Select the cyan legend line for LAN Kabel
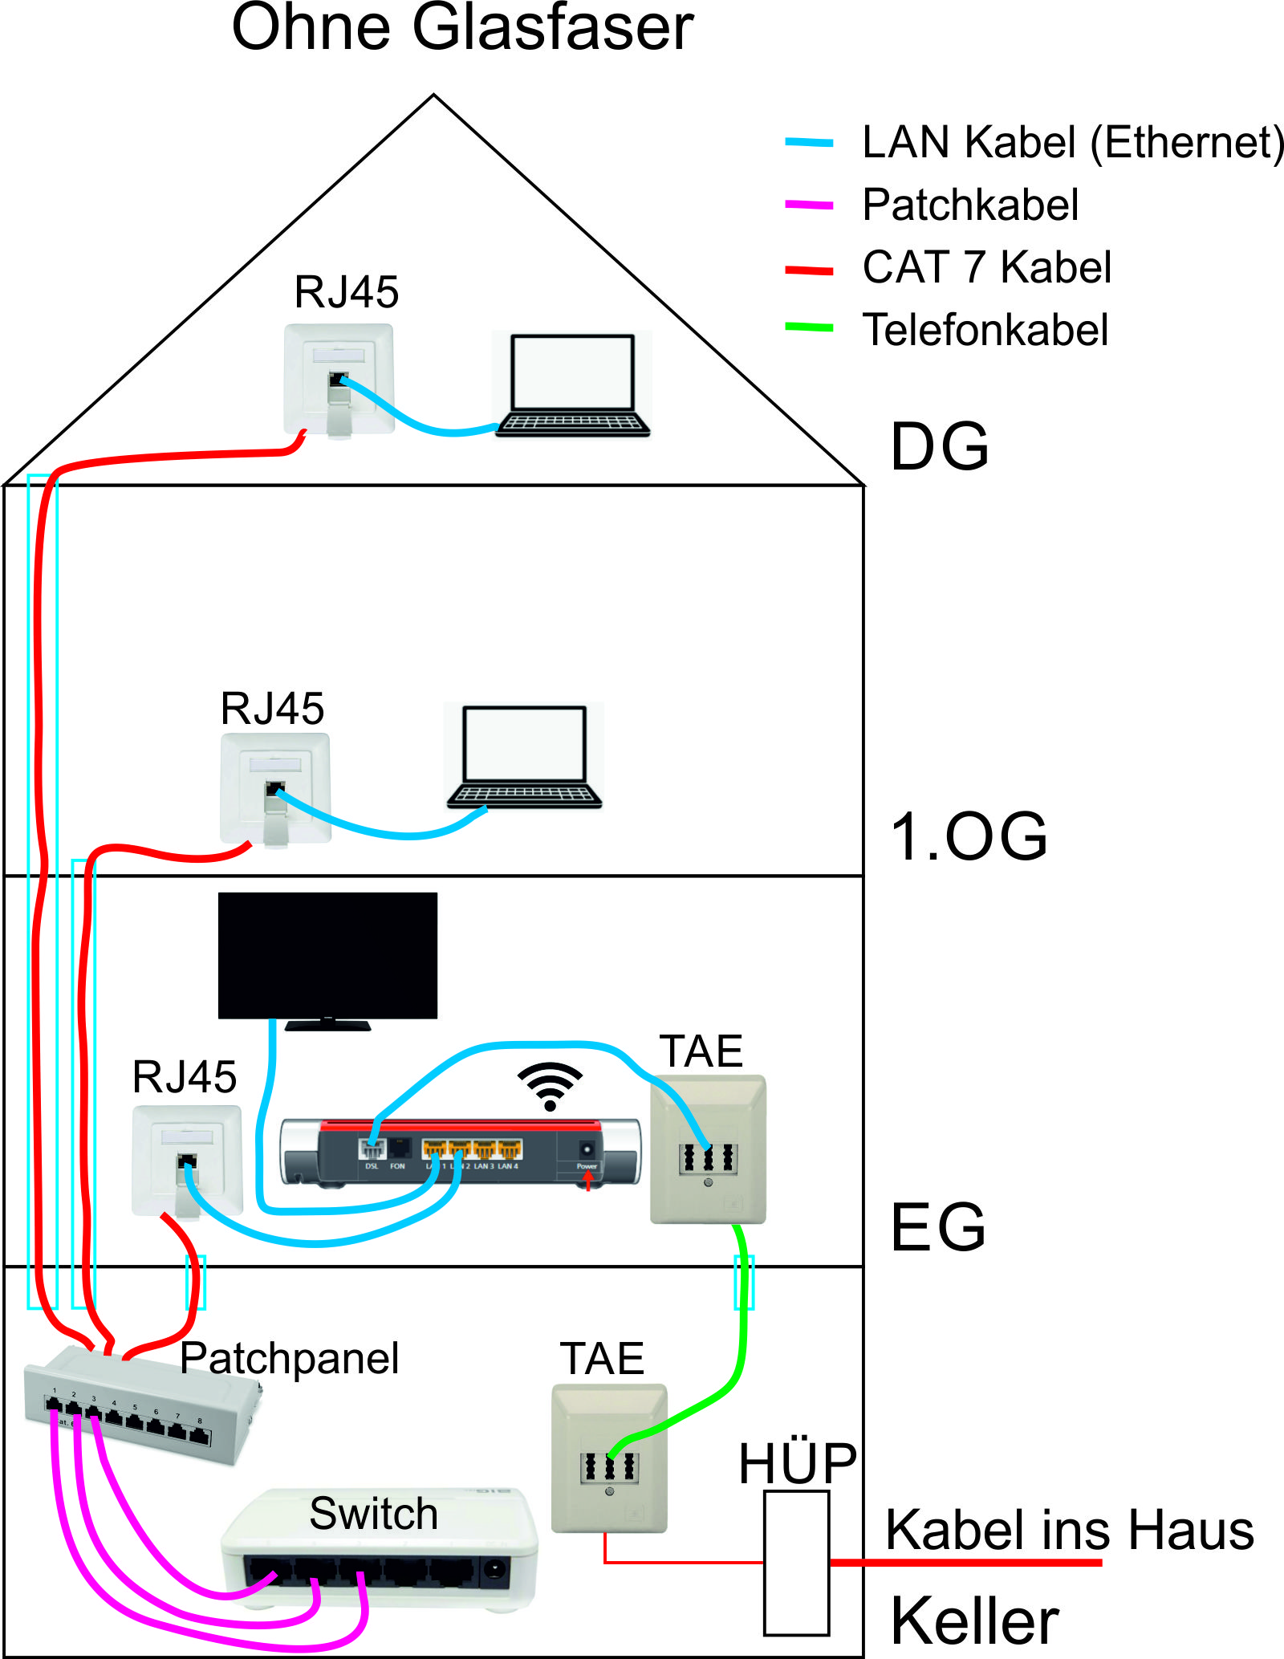[x=809, y=143]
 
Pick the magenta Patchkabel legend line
[x=809, y=205]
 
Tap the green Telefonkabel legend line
[x=809, y=327]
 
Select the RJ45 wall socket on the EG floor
[x=187, y=1160]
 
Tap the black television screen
[x=327, y=955]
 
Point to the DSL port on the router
[x=372, y=1149]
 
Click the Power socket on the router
[x=587, y=1149]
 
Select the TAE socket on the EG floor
[x=708, y=1149]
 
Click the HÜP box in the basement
[x=796, y=1563]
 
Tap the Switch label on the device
[x=373, y=1514]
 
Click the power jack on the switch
[x=495, y=1572]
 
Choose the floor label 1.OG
[x=969, y=837]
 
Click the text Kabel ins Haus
[x=1069, y=1530]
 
